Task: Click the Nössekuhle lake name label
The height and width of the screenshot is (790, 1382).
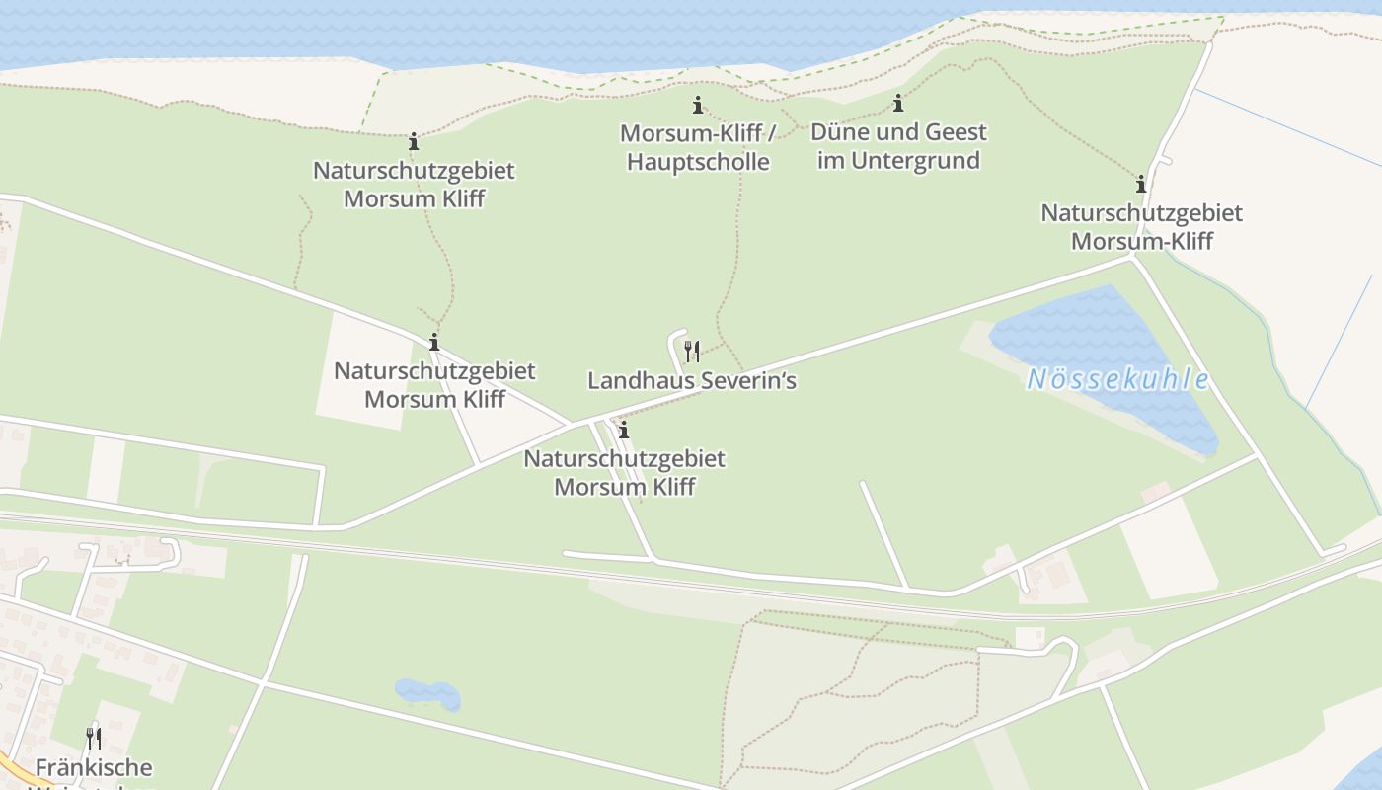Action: coord(1117,379)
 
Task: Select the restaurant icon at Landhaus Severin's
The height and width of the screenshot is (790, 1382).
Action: coord(692,350)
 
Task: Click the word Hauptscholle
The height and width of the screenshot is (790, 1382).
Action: coord(698,161)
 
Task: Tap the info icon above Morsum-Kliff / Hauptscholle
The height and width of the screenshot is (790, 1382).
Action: coord(698,105)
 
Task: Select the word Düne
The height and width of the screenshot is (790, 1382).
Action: coord(838,132)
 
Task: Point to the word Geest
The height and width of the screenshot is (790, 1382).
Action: coord(955,132)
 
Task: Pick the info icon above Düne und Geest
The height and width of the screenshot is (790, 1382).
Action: coord(898,103)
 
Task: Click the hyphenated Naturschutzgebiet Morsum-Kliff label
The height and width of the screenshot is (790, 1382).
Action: coord(1141,226)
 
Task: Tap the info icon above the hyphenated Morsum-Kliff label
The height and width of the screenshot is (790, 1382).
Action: coord(1141,184)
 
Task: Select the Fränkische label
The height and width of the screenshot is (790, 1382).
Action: coord(94,767)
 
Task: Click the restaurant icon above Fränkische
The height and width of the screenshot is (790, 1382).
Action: coord(94,738)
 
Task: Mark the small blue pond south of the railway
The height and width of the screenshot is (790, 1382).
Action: coord(427,693)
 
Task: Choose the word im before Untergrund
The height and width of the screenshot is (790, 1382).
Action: coord(830,160)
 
